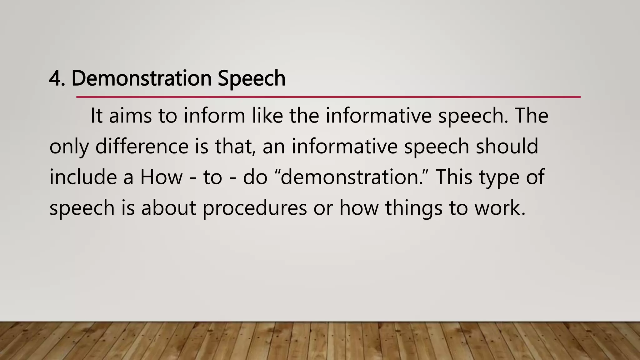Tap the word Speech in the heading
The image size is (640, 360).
tap(252, 78)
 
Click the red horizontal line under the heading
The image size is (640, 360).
tap(328, 97)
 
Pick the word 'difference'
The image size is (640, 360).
tap(142, 146)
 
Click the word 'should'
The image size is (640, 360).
tap(507, 146)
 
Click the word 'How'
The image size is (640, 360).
tap(161, 177)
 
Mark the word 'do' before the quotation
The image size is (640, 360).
tap(255, 177)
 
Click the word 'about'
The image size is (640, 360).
tap(168, 208)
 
